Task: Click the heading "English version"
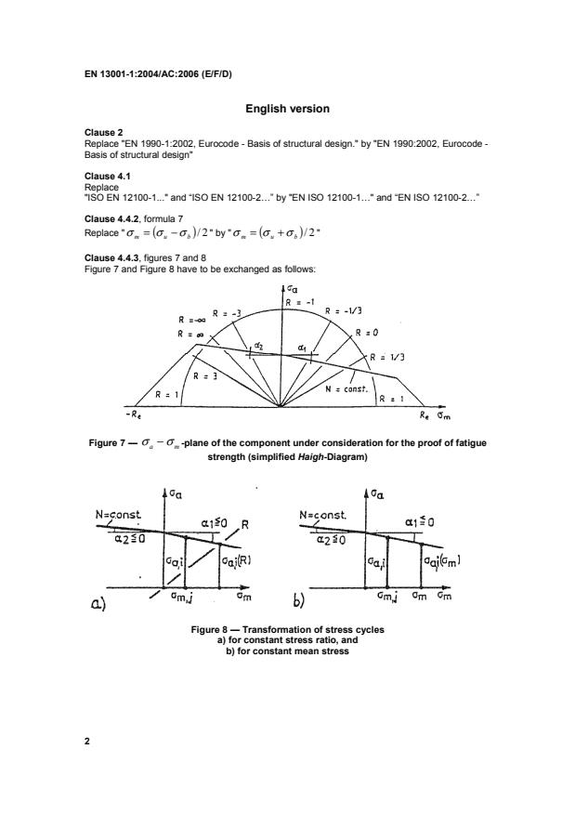click(287, 109)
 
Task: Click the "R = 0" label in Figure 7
click(367, 332)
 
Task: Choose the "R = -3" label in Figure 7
click(228, 314)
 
